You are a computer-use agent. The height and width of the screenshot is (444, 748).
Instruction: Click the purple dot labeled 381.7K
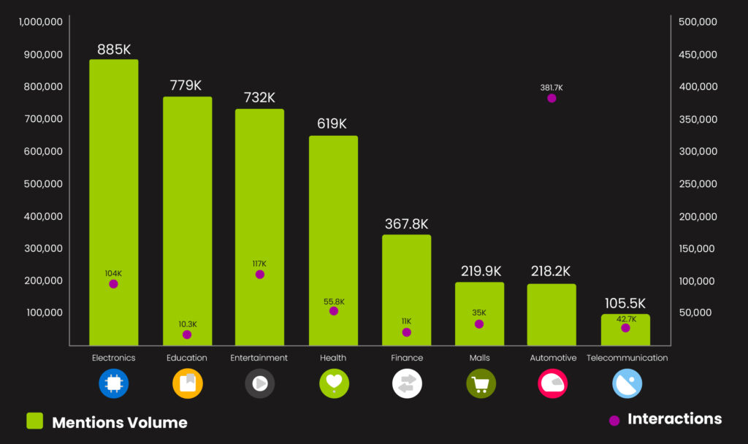pos(552,98)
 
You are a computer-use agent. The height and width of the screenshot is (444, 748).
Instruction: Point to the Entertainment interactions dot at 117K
pos(260,275)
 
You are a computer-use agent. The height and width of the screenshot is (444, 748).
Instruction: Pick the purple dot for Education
pos(187,334)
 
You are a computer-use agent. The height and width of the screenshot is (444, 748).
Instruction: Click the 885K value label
pos(114,50)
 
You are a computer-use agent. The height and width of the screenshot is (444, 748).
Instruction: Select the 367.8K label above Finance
pos(406,224)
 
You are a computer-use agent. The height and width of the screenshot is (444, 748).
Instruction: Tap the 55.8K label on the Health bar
pos(334,302)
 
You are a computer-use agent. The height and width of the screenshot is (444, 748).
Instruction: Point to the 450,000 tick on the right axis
pos(698,55)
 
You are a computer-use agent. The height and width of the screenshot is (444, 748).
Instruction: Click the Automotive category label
pos(553,358)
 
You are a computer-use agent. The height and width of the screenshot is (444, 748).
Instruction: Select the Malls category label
pos(479,358)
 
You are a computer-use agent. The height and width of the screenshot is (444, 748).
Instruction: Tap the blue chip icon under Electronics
pos(113,383)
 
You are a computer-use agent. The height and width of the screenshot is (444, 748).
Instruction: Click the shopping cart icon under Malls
pos(481,383)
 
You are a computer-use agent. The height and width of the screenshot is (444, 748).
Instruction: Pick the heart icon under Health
pos(334,383)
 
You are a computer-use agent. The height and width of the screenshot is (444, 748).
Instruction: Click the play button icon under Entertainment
pos(259,383)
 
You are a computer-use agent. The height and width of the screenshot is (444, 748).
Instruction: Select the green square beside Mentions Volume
pos(34,421)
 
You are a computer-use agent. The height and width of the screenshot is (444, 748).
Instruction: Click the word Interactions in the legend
pos(674,419)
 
